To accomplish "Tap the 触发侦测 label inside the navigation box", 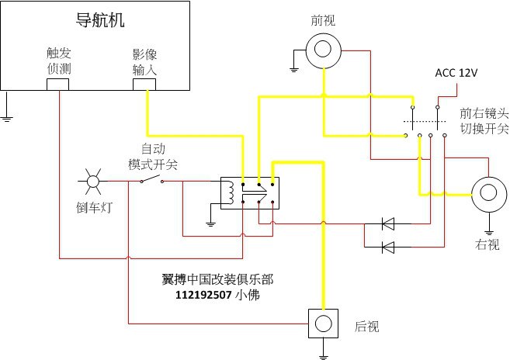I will tap(58, 61).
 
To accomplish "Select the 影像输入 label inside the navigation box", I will tap(144, 61).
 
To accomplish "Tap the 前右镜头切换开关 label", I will tap(484, 119).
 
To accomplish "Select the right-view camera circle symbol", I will tap(489, 193).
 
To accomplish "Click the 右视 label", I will tap(488, 244).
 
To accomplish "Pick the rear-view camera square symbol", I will tap(324, 322).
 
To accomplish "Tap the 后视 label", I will tap(366, 327).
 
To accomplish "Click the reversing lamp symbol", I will tap(92, 182).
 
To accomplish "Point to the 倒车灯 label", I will tap(92, 207).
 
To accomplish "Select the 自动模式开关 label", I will tap(153, 157).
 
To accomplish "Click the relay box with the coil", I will tap(249, 193).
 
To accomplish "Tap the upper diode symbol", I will tap(387, 225).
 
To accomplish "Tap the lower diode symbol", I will tap(387, 247).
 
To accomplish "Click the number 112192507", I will tap(204, 294).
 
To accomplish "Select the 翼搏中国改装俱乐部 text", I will tap(218, 279).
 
